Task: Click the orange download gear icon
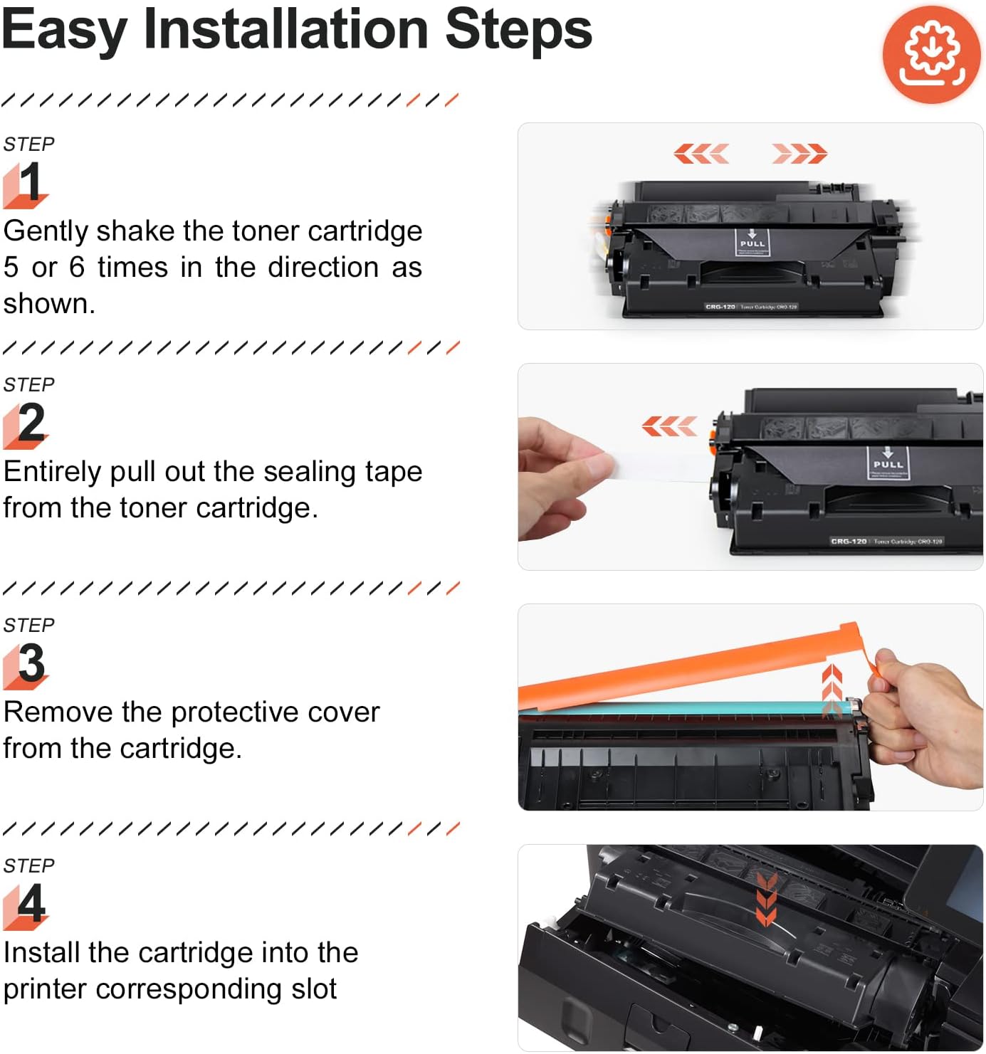click(x=931, y=54)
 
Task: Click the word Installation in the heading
click(x=285, y=30)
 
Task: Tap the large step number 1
click(x=29, y=183)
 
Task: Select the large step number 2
click(x=31, y=423)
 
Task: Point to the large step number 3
click(x=31, y=663)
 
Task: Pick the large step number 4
click(x=31, y=904)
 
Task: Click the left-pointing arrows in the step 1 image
click(x=701, y=153)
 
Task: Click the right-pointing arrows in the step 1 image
click(x=799, y=153)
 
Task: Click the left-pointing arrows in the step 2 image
click(x=668, y=426)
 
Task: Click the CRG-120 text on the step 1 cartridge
click(x=720, y=307)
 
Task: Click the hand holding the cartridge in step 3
click(x=925, y=719)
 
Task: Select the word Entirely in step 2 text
click(x=53, y=472)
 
